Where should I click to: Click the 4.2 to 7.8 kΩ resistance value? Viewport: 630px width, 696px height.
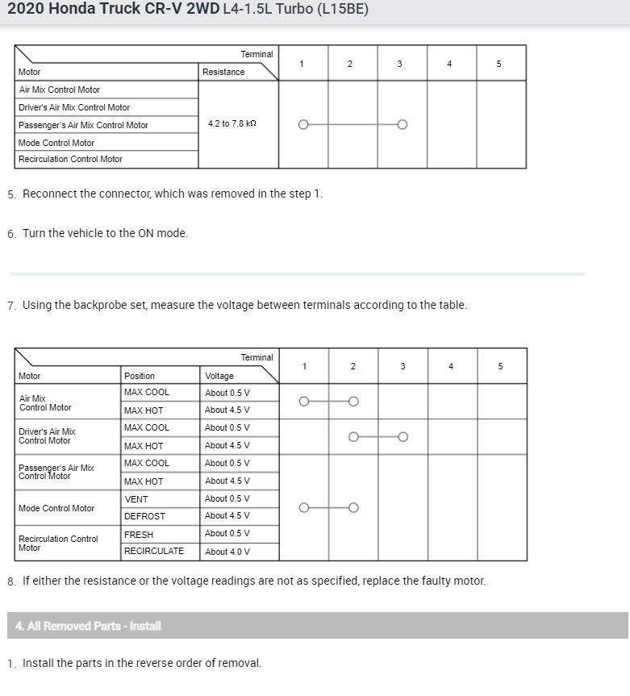[232, 124]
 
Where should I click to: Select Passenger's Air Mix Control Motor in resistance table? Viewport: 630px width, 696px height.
[83, 125]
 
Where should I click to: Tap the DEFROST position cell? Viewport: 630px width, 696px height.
[144, 516]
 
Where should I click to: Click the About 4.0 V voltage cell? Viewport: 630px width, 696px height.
[227, 552]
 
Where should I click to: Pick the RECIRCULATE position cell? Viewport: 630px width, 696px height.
[153, 552]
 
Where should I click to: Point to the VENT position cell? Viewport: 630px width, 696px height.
[136, 499]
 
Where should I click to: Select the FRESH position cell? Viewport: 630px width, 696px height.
[139, 535]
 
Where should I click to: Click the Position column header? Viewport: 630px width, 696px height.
[140, 376]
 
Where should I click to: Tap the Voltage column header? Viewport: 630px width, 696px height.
[219, 376]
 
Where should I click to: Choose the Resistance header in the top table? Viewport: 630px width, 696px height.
[223, 72]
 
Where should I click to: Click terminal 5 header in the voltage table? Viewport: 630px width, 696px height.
[500, 366]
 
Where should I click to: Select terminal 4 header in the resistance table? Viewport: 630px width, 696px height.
[449, 64]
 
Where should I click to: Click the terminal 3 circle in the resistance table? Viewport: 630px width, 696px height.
[403, 125]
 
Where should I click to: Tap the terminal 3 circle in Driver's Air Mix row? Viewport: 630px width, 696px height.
[403, 437]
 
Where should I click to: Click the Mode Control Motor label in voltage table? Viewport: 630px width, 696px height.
[56, 508]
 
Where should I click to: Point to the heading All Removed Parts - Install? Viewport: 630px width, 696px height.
[88, 626]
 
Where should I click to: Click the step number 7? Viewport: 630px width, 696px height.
[10, 306]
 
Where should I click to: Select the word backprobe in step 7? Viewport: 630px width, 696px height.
[103, 305]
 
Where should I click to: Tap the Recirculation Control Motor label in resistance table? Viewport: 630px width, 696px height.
[70, 159]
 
